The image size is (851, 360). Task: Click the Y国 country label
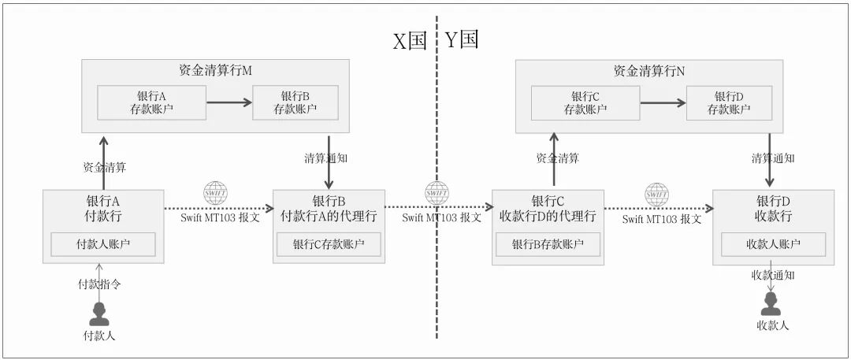point(462,40)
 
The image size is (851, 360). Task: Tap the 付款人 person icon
point(99,313)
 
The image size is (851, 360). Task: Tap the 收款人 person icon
point(770,304)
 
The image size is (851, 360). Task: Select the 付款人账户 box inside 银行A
point(103,244)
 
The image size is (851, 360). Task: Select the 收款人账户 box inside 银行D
point(773,244)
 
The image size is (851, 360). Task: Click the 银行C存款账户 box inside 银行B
point(328,244)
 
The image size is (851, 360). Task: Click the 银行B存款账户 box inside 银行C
point(548,244)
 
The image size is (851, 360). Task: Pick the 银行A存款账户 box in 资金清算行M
point(151,102)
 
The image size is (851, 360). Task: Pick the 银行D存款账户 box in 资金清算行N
point(729,102)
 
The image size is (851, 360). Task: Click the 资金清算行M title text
point(215,71)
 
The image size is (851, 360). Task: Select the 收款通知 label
point(773,275)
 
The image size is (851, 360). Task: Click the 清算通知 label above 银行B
point(326,158)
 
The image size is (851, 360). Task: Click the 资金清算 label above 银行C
point(558,158)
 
